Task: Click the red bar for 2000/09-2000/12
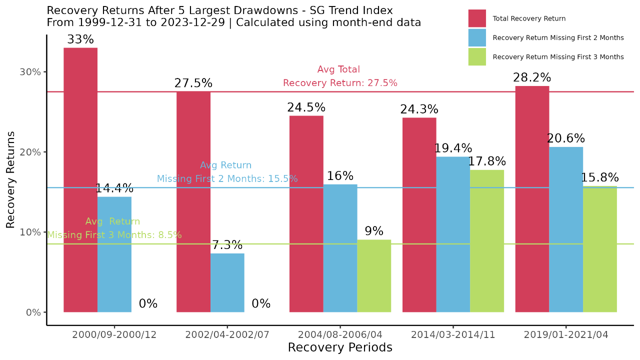80,180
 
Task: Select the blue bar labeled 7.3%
227,282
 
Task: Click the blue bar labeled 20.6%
566,229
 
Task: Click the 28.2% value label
532,78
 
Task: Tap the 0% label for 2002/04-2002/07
261,304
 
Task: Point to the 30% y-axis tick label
30,72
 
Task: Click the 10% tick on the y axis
30,232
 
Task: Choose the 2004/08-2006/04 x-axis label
340,335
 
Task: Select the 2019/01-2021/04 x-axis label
566,335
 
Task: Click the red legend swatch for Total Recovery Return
477,18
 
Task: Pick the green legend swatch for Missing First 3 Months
477,57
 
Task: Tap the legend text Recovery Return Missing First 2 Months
558,38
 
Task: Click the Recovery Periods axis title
340,347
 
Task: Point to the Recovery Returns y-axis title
11,180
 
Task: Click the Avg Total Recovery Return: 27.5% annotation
340,76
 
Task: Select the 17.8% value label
487,161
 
